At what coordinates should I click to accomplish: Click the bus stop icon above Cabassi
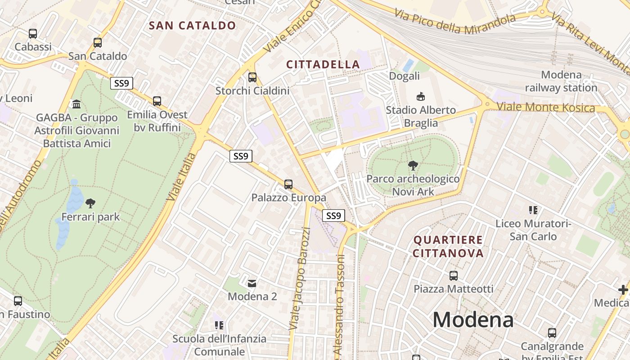[32, 33]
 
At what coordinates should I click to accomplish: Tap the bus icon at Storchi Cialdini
[252, 77]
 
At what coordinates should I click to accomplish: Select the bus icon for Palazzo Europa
[288, 184]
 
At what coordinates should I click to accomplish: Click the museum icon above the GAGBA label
[76, 104]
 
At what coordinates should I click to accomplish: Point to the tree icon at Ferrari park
[90, 203]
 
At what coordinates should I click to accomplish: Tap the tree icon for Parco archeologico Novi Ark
[413, 166]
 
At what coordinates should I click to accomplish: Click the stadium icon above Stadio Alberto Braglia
[421, 96]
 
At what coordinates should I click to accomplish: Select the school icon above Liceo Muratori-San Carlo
[533, 210]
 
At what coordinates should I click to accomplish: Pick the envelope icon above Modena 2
[252, 283]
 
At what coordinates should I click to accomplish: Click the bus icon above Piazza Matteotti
[454, 275]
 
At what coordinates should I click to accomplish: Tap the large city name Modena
[473, 320]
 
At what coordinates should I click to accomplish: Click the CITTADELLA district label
[323, 65]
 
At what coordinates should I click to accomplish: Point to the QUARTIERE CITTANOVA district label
[448, 246]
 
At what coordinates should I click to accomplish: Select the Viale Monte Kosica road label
[546, 107]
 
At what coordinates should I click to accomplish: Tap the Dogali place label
[404, 76]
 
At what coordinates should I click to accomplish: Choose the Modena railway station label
[561, 81]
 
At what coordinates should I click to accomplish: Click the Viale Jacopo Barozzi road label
[300, 279]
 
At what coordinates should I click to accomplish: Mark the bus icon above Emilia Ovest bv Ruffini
[157, 101]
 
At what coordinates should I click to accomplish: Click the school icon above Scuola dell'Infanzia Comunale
[219, 325]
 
